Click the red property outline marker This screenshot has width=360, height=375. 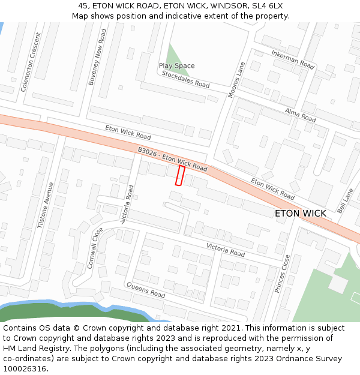179,176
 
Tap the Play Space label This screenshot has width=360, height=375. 176,66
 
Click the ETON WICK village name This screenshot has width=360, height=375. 300,214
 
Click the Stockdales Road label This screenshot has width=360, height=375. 185,79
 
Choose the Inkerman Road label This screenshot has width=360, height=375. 292,59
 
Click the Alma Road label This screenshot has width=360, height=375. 300,115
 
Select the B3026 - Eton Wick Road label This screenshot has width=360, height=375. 172,161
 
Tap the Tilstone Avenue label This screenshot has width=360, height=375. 46,206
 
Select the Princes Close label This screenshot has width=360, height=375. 282,273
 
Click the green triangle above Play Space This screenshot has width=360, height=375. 175,54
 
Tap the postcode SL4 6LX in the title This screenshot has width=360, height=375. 266,6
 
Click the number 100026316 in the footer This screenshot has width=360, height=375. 25,369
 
